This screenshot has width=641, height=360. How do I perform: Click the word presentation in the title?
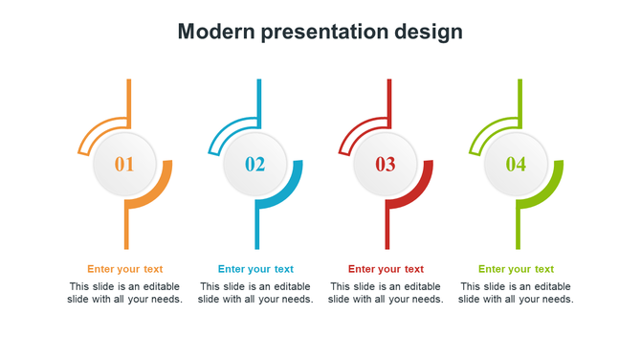[x=324, y=32]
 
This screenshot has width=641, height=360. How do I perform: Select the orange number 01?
[x=124, y=165]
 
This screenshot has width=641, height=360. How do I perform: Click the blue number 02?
[x=254, y=165]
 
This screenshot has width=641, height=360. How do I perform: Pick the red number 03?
[x=385, y=165]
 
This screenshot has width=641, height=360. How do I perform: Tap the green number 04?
[x=516, y=165]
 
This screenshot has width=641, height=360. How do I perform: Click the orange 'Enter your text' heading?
[x=124, y=269]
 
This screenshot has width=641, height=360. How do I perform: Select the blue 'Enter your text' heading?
[x=255, y=269]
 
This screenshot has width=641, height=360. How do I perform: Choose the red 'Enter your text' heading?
[x=386, y=269]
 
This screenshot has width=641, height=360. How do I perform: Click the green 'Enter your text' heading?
[x=516, y=269]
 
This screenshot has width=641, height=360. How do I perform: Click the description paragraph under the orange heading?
[x=124, y=293]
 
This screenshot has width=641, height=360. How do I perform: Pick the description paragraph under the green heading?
[x=516, y=293]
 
